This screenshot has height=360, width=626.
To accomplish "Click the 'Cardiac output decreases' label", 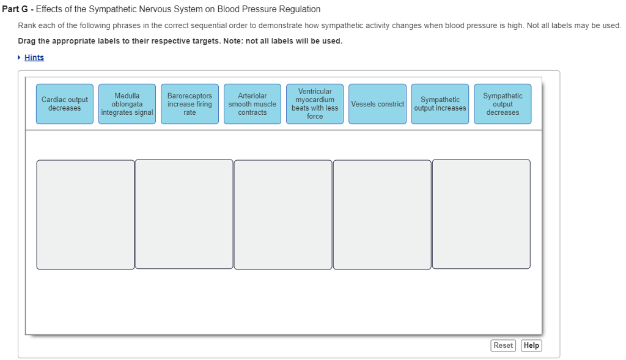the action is tap(65, 104).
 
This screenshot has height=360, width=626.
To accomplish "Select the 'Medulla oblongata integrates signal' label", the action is tap(127, 104).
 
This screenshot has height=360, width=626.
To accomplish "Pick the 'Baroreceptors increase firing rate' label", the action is tap(190, 104).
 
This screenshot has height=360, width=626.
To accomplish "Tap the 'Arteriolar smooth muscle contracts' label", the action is tap(252, 104).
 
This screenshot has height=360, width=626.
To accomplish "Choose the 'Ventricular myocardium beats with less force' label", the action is tap(315, 104).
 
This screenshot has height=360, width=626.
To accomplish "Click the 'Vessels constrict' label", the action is tap(377, 104).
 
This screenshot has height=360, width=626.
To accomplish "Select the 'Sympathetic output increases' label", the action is tap(440, 104).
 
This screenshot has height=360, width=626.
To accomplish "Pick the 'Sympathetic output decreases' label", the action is tap(503, 104).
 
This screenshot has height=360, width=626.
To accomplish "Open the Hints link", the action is tap(34, 57).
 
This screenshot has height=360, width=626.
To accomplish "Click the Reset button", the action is tap(503, 345).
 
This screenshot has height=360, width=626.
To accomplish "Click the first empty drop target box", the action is tap(86, 215).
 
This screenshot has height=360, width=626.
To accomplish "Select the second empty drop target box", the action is tap(184, 215).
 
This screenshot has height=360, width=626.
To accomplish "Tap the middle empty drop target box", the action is tap(283, 215).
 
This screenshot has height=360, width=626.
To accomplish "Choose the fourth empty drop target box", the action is tap(382, 215).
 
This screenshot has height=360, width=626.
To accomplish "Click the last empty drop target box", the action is tap(482, 215).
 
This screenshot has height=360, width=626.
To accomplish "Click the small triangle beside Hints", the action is tap(19, 57).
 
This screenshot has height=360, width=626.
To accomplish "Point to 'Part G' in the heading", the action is tap(15, 9).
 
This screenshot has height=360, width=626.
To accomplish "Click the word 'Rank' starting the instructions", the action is tap(27, 26).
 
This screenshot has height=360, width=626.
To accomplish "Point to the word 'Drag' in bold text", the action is tap(27, 41).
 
